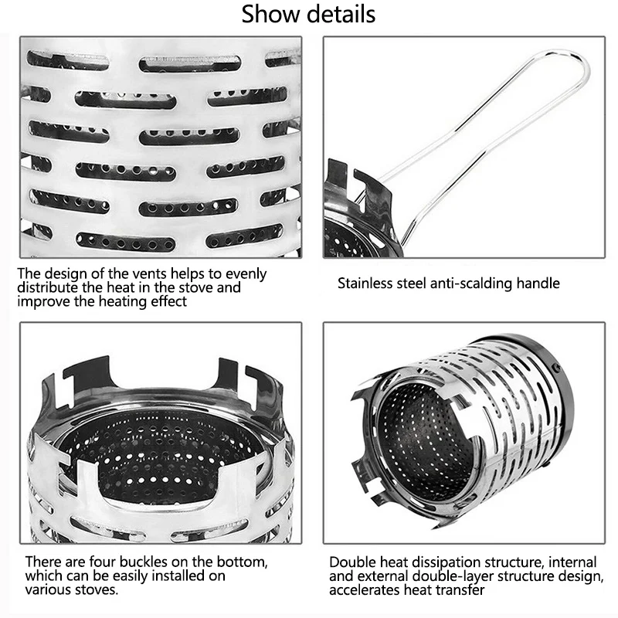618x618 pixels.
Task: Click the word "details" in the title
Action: tap(341, 14)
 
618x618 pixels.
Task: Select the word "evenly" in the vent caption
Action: tap(246, 274)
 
